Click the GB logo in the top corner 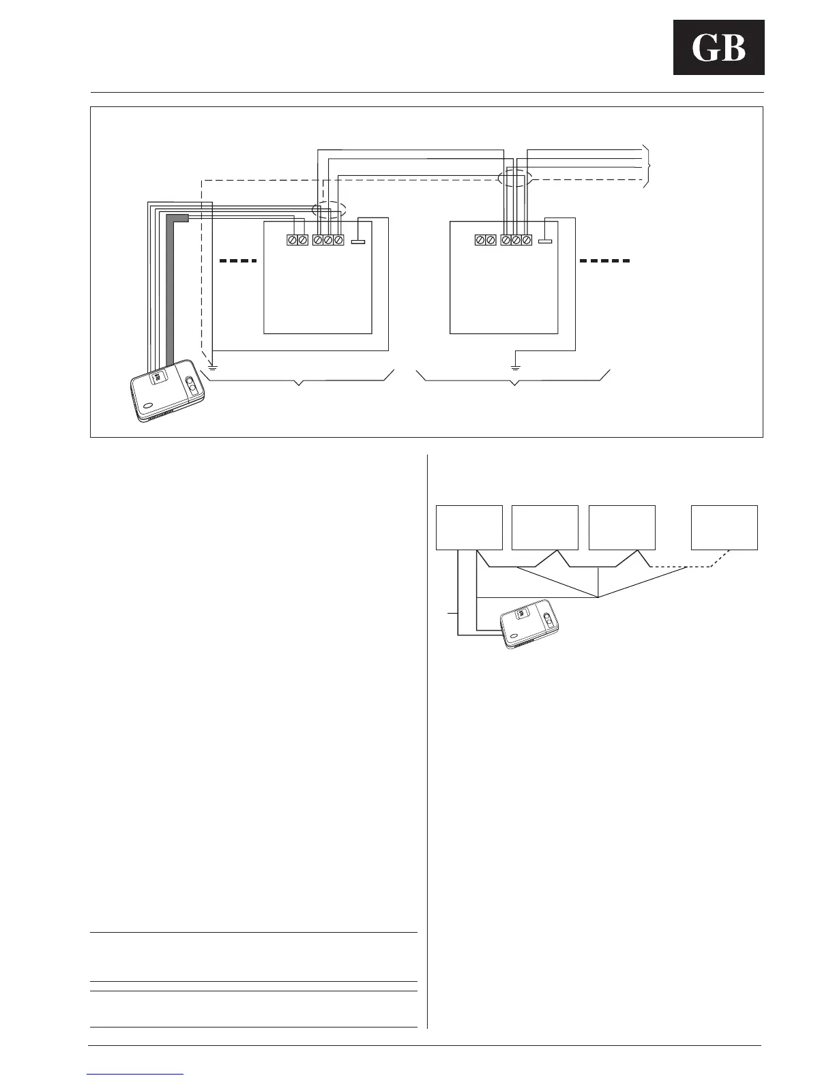point(718,47)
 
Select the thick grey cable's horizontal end point(178,217)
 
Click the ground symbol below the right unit point(516,367)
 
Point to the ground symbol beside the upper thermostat point(213,367)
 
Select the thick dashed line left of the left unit point(238,260)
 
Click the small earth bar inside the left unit point(358,241)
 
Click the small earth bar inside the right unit point(544,241)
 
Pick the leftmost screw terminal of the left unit point(292,240)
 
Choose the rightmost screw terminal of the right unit point(526,240)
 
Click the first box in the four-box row point(469,527)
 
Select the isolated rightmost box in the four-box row point(724,527)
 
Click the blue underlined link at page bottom point(136,1074)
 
